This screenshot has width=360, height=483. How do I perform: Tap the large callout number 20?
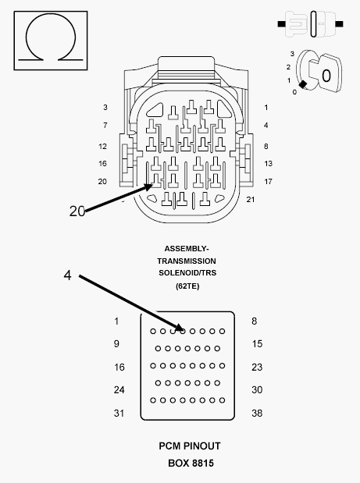(77, 211)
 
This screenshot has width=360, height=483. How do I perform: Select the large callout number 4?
(67, 275)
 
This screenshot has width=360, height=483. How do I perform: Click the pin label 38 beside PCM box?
(257, 413)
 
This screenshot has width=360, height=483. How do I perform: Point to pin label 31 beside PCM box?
(119, 413)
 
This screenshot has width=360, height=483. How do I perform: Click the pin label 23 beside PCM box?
(257, 368)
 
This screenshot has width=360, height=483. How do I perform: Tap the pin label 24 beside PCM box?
(119, 390)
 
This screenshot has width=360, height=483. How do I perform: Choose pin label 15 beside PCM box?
(257, 344)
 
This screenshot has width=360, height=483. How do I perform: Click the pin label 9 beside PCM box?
(116, 344)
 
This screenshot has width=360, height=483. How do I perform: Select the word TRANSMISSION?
(187, 261)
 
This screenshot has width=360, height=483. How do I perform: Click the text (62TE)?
(187, 286)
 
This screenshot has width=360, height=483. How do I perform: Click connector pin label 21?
(250, 200)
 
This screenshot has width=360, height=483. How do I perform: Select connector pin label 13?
(268, 164)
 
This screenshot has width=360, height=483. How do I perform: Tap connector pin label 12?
(102, 147)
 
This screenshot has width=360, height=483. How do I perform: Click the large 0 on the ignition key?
(326, 76)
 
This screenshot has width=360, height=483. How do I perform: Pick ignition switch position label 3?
(292, 54)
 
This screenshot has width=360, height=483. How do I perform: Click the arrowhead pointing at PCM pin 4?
(180, 327)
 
